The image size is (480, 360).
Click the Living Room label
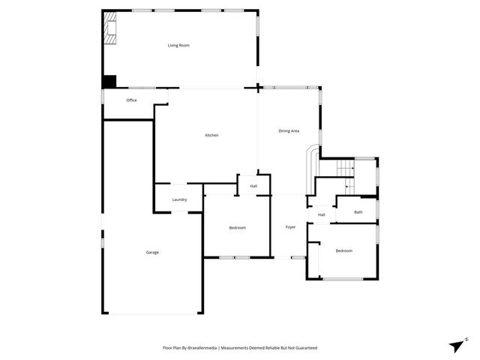(178, 46)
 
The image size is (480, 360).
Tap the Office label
(131, 100)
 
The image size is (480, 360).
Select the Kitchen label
(211, 135)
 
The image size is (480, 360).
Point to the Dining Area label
(289, 131)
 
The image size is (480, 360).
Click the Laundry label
(179, 199)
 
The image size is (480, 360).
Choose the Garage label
(152, 252)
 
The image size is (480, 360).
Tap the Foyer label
(290, 227)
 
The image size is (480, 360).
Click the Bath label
(358, 212)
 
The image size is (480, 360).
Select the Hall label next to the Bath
(321, 215)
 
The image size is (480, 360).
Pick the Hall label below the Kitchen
(253, 186)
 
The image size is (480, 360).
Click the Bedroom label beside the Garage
(237, 227)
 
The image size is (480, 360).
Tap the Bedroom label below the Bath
(343, 250)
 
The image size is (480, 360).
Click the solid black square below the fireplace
(109, 82)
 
